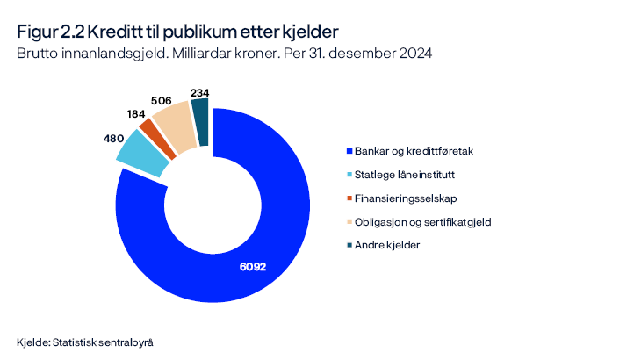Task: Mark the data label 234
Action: coord(200,92)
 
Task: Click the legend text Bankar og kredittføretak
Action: coord(414,151)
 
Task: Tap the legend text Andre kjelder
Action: coord(389,244)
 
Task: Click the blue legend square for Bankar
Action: coord(349,151)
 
